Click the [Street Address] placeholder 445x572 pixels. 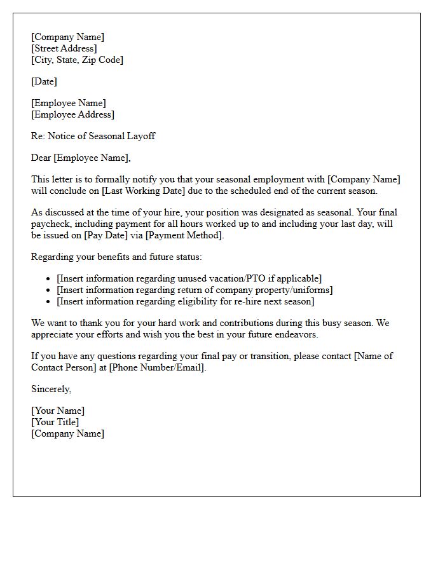pos(64,48)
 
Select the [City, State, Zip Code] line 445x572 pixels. pos(77,60)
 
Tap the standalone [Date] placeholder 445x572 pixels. pos(44,81)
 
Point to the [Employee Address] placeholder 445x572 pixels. pos(72,114)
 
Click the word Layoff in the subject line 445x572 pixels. pos(140,136)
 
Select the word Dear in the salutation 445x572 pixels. pos(41,158)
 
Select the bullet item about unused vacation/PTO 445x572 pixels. pos(189,278)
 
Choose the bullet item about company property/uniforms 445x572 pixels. pos(195,290)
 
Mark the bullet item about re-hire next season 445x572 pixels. pos(185,301)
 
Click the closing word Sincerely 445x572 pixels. pos(51,389)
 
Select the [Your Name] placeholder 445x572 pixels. pos(58,411)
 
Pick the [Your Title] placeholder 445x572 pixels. pos(55,422)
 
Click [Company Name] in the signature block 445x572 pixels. pos(67,433)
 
